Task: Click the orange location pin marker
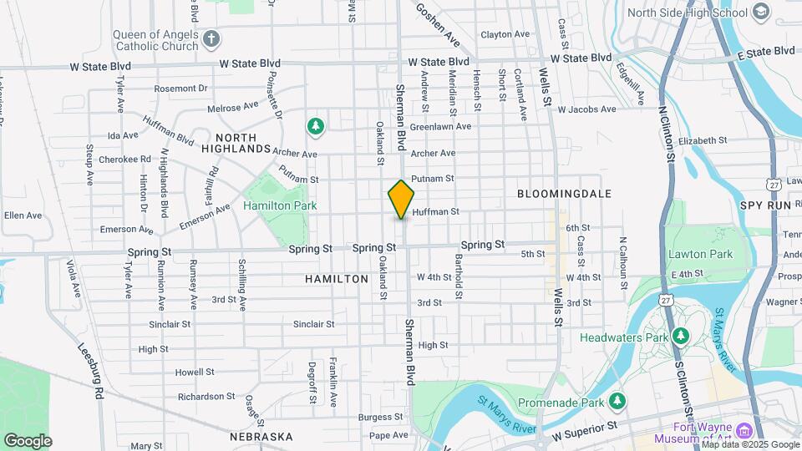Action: [401, 199]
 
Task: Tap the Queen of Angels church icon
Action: [212, 38]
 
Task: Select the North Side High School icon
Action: [760, 12]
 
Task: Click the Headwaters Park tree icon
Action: [683, 337]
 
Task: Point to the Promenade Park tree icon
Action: [617, 401]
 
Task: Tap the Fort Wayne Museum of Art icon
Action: [745, 431]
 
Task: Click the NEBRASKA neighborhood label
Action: [261, 436]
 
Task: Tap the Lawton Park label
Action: [700, 254]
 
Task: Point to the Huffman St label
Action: [435, 212]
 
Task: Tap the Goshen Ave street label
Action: [438, 25]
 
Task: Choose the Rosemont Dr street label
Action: [180, 88]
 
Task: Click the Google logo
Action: [28, 440]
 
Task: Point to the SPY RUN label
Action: [764, 205]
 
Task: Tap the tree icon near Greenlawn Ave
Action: [315, 126]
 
